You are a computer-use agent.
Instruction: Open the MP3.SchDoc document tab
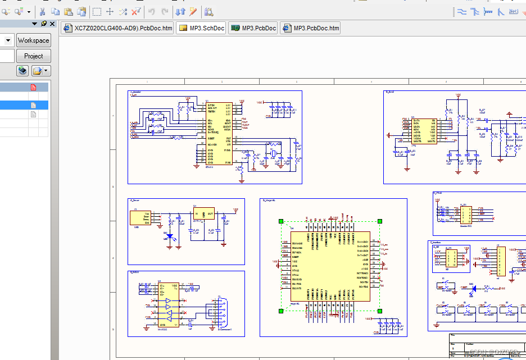tap(201, 28)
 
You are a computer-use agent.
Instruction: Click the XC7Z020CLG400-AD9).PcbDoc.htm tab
tap(117, 28)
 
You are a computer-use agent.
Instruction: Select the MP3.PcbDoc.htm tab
tap(311, 28)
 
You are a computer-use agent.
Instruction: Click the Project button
tap(33, 56)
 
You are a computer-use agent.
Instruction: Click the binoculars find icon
tap(208, 11)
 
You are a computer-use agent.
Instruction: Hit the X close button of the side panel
tap(52, 24)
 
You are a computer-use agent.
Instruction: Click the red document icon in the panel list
tap(33, 87)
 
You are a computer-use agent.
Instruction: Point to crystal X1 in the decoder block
tap(273, 154)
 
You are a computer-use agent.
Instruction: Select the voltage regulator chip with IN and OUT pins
tap(204, 214)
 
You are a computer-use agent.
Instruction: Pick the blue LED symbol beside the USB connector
tap(170, 237)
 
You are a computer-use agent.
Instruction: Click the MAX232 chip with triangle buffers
tap(168, 304)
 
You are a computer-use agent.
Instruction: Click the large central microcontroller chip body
tap(330, 266)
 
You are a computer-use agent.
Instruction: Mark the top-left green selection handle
tap(282, 222)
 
